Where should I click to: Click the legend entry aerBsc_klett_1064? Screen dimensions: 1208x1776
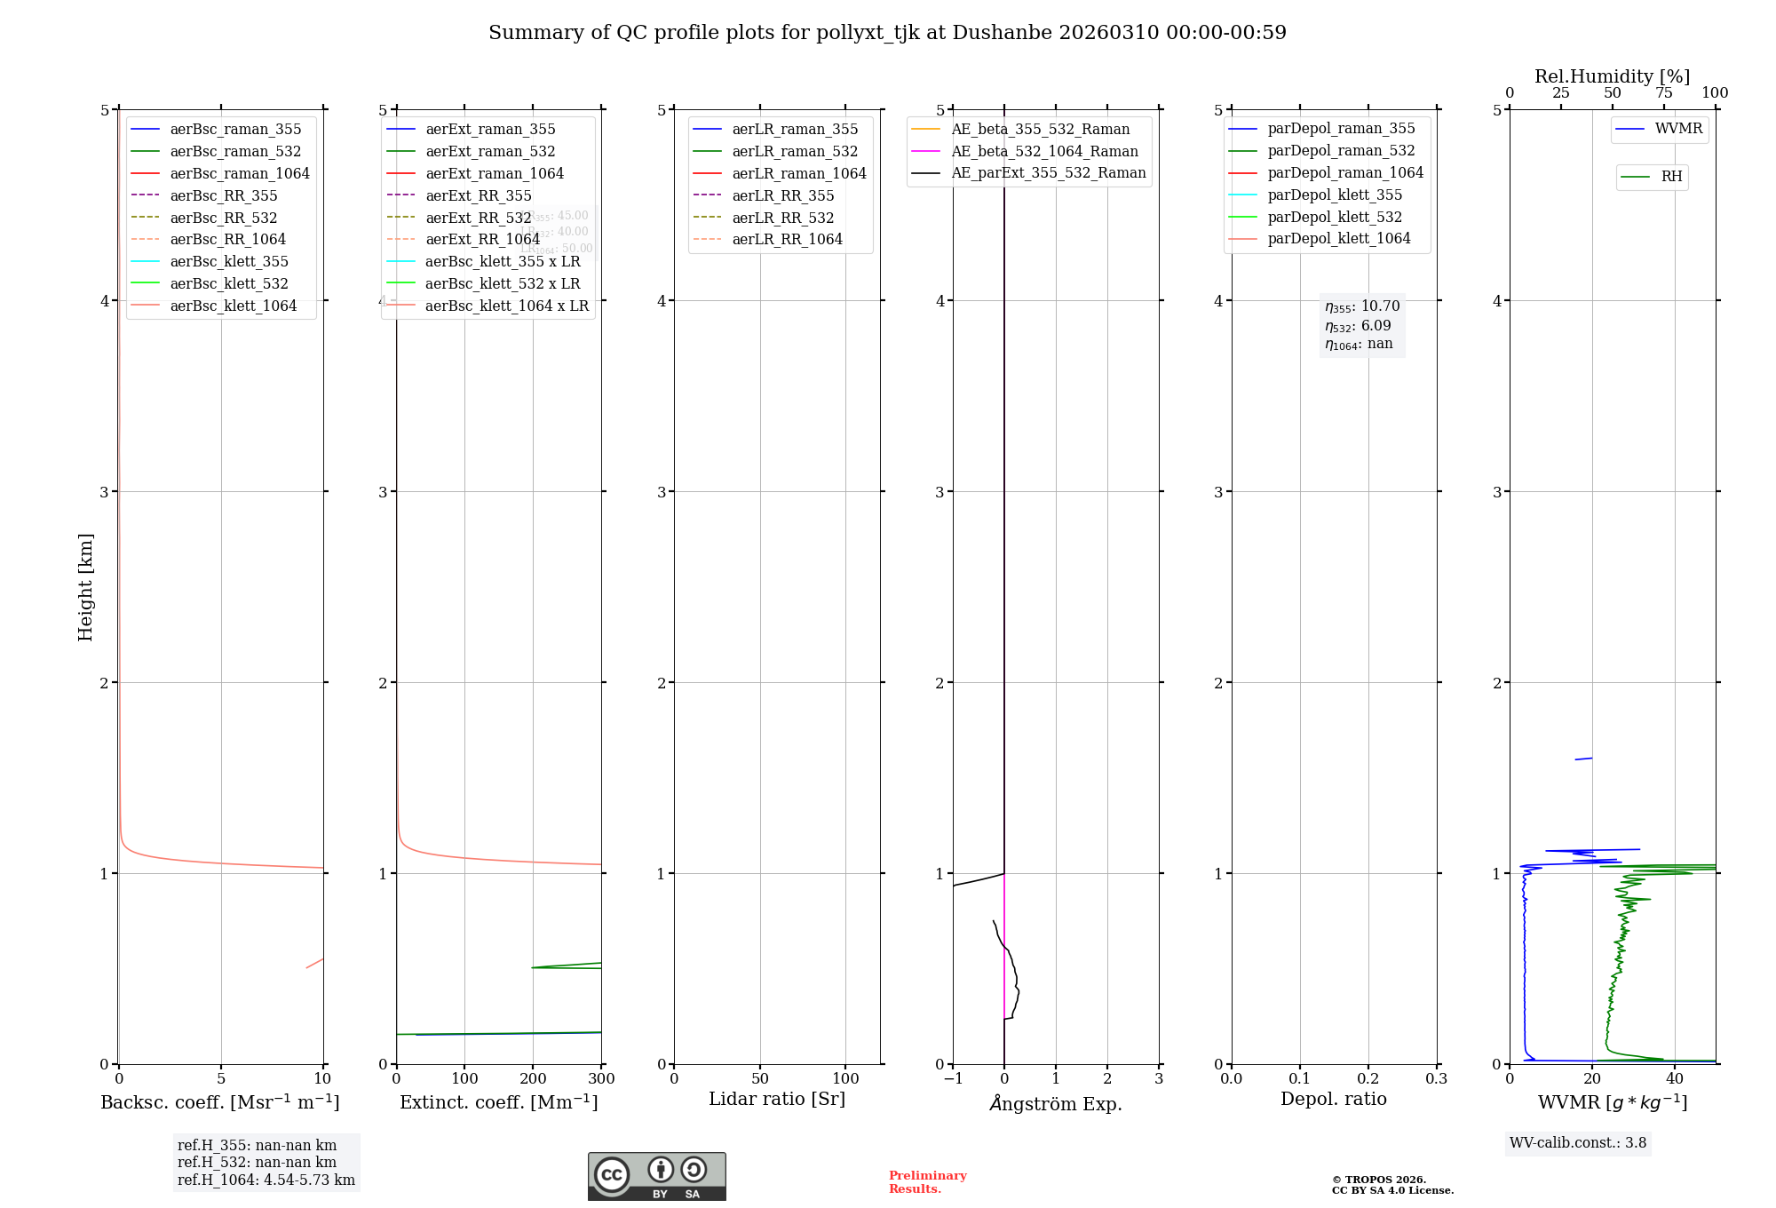234,306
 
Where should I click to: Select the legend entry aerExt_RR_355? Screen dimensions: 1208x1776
479,195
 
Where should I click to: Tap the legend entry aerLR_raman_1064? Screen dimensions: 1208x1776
799,173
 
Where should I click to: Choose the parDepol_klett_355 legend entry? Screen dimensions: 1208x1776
1335,195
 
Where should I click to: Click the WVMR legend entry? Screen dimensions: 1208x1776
1678,129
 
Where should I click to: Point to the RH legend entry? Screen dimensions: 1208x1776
1671,177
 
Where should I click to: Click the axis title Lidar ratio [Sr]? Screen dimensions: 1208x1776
777,1099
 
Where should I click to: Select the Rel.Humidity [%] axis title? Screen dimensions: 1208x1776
1612,76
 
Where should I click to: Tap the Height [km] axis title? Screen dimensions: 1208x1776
85,586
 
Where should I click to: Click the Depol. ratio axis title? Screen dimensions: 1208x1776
1333,1099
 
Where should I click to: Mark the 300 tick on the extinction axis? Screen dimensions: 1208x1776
601,1079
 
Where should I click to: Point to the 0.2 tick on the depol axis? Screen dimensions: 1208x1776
1368,1079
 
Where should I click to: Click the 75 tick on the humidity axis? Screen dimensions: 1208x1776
1664,93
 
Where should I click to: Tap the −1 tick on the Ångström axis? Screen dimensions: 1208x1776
953,1079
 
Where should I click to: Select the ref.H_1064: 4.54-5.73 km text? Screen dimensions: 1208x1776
266,1180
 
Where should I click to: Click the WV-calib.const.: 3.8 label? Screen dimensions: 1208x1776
1578,1143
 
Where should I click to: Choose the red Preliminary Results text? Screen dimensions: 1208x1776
927,1182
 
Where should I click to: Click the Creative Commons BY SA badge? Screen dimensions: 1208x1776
656,1176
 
